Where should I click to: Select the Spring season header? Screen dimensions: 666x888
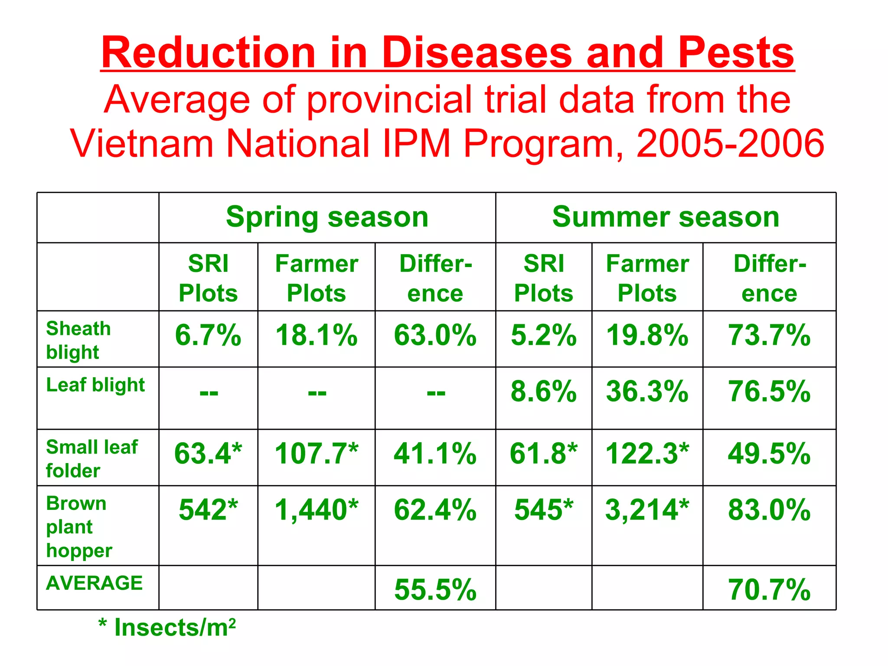[x=327, y=217]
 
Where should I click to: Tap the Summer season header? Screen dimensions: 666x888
[x=666, y=217]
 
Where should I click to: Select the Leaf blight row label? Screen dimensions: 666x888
[x=95, y=385]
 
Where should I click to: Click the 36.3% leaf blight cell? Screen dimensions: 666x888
[x=647, y=392]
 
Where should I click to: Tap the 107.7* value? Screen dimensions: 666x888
[x=317, y=454]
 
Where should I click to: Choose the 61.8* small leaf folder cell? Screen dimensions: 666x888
[x=543, y=454]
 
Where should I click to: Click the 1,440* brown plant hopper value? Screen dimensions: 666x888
[x=317, y=509]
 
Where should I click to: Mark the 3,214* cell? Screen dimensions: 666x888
[x=647, y=509]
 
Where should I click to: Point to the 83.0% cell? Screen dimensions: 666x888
[x=769, y=509]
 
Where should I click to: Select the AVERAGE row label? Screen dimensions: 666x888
[x=95, y=583]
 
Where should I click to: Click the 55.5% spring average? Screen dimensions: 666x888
[x=435, y=590]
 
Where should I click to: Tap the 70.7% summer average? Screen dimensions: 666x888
[x=769, y=590]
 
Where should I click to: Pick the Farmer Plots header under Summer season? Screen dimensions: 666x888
[x=647, y=278]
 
